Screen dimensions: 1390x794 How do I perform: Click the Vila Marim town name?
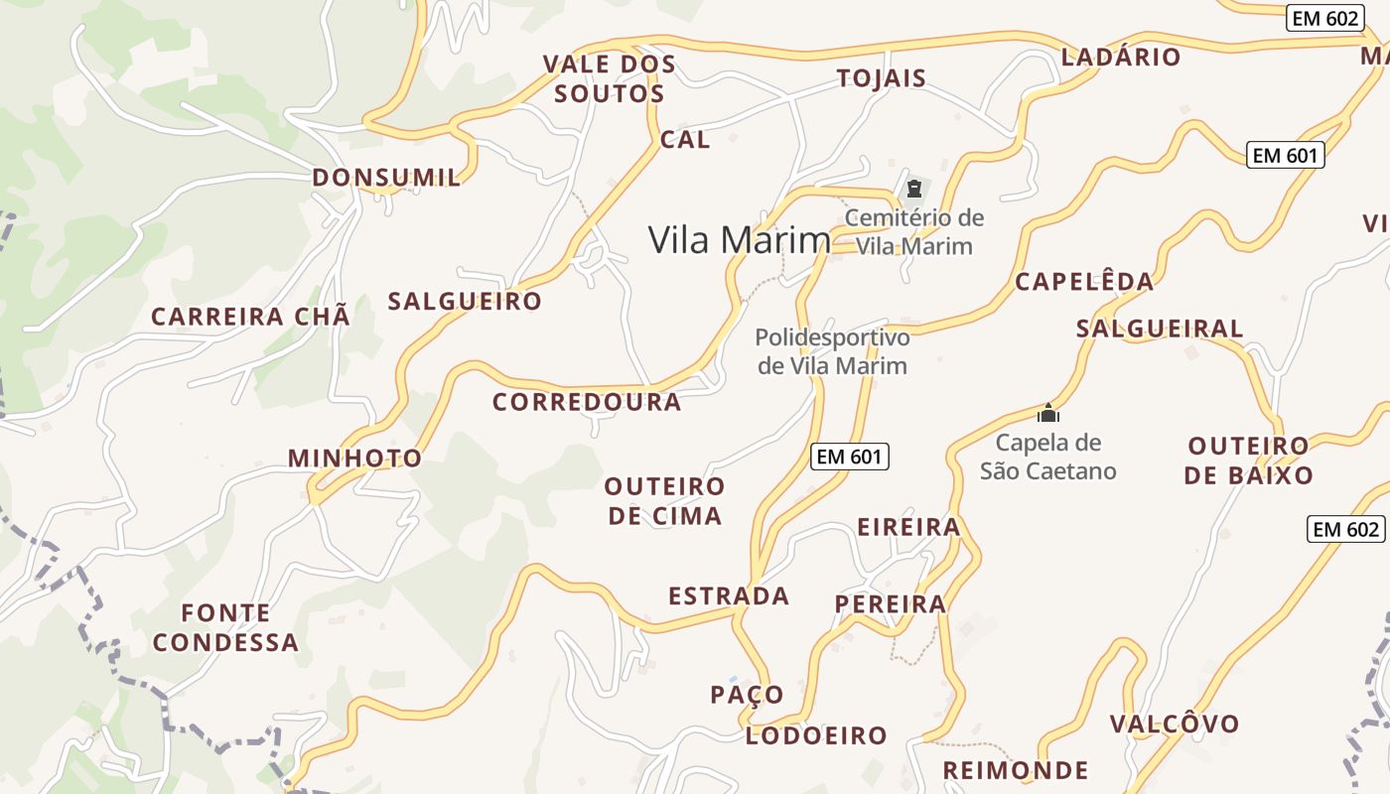[739, 240]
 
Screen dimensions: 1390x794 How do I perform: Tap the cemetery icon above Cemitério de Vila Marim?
[914, 188]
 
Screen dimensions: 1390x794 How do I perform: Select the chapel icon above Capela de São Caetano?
[1048, 413]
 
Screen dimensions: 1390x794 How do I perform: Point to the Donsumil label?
[386, 178]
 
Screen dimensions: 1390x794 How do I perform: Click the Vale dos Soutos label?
[609, 79]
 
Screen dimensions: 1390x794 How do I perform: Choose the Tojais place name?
[882, 78]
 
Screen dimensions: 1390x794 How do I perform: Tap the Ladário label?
[1121, 57]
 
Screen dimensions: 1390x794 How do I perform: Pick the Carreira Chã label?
[250, 317]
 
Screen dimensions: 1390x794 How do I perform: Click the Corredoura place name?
[587, 402]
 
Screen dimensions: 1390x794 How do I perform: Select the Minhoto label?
[354, 459]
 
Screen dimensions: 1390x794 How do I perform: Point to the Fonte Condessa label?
[225, 627]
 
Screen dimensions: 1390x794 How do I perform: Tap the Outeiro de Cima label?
[664, 501]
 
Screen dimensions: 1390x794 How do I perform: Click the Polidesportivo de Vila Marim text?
[832, 351]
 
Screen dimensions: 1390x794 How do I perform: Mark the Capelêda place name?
[1084, 282]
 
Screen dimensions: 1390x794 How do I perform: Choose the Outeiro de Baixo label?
[1248, 461]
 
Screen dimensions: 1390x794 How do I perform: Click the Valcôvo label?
[1175, 724]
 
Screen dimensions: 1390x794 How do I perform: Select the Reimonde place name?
[1015, 770]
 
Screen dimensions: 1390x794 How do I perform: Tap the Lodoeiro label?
[816, 735]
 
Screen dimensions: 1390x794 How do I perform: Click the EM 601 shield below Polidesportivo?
[849, 457]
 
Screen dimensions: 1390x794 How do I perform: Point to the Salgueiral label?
[1160, 329]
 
